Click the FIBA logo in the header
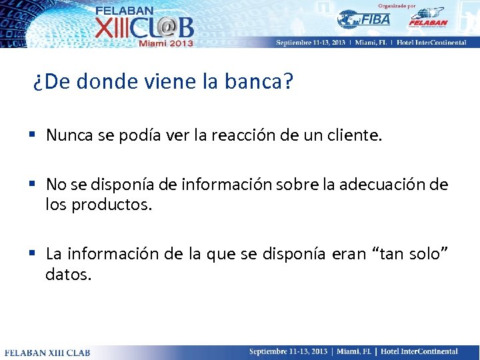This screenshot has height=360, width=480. [x=363, y=19]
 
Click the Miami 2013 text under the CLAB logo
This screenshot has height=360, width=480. [x=165, y=43]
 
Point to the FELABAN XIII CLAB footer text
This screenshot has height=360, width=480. [x=47, y=352]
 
